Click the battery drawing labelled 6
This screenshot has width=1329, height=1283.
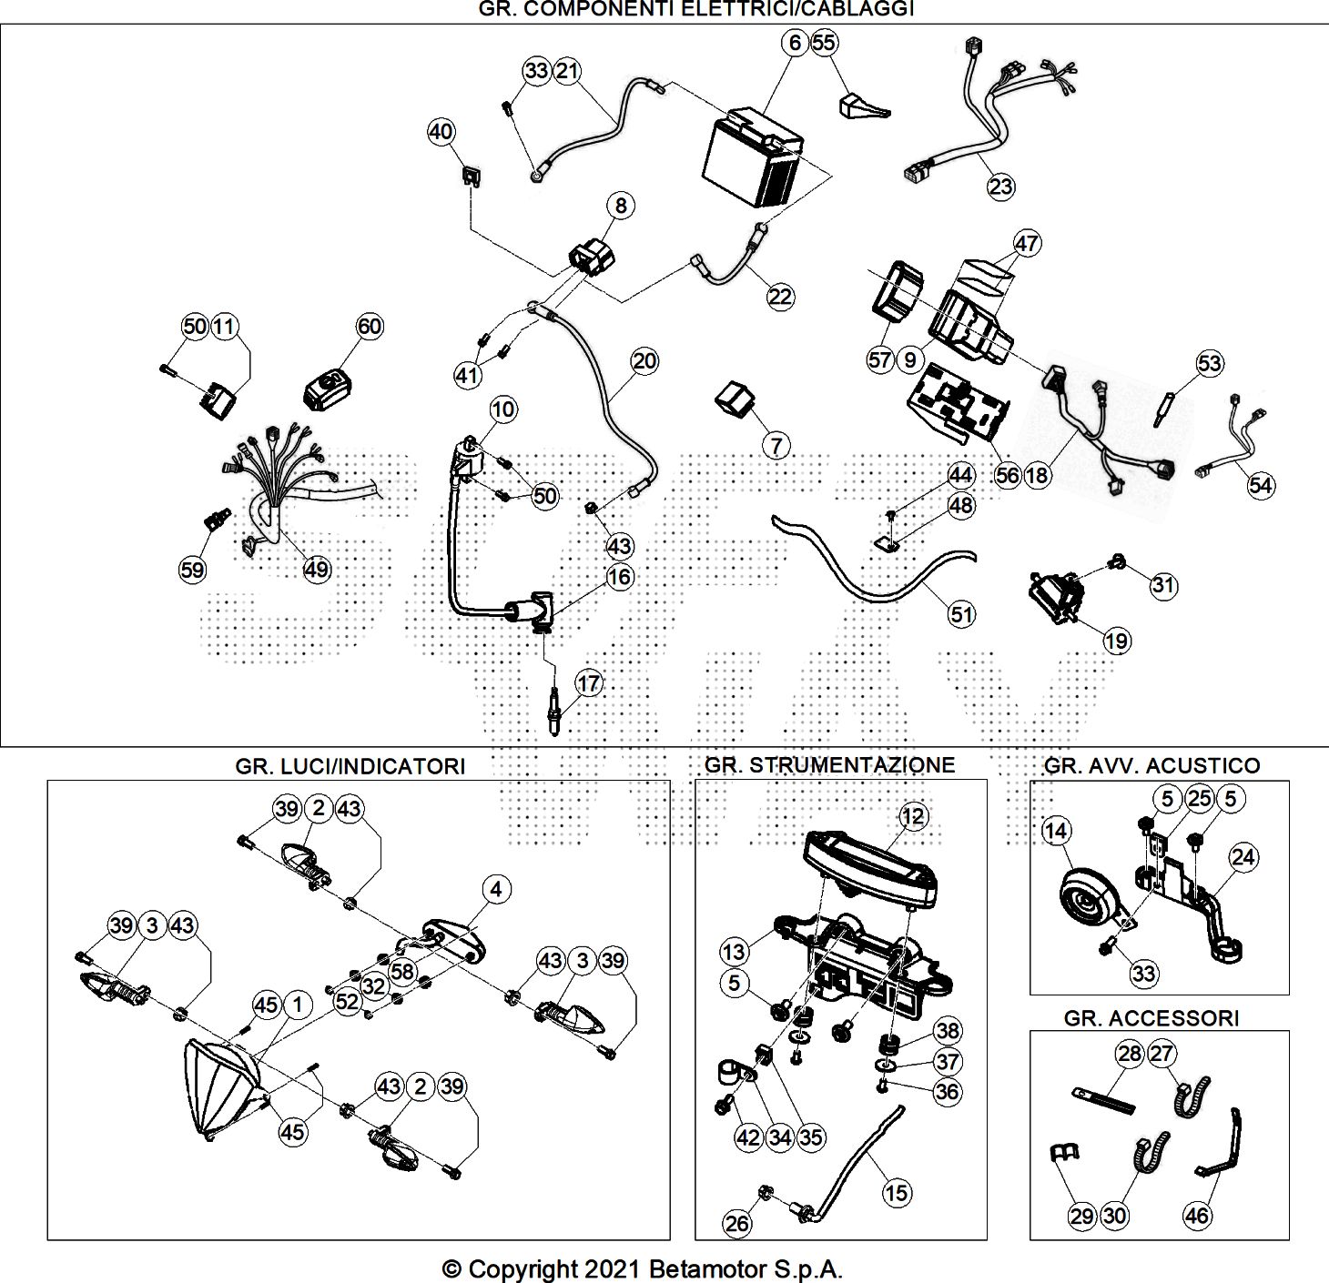tap(753, 160)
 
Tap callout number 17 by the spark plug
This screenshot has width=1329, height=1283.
tap(589, 682)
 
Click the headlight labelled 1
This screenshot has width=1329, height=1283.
tap(218, 1087)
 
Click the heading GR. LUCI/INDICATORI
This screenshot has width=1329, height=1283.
tap(350, 766)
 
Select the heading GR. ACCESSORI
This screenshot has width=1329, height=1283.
tap(1151, 1017)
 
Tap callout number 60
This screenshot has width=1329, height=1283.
tap(370, 326)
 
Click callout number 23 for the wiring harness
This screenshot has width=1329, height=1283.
tap(1000, 187)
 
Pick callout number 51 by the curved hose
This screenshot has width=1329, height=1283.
tap(962, 614)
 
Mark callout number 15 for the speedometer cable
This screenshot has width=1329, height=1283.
tap(897, 1192)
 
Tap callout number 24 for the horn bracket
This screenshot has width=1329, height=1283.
tap(1243, 856)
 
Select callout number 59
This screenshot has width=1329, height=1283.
tap(192, 570)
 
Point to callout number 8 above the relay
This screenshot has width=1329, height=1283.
tap(621, 206)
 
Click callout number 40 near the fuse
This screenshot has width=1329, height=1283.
tap(441, 132)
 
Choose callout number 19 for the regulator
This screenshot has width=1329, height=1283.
tap(1116, 641)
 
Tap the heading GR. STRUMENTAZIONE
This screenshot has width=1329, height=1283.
tap(829, 764)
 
